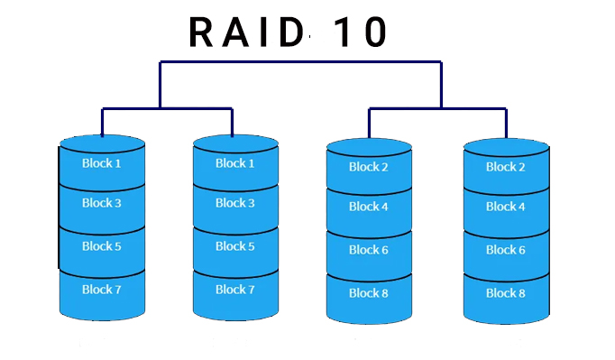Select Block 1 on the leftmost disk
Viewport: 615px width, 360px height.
click(x=102, y=163)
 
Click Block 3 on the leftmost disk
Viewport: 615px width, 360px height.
click(x=102, y=203)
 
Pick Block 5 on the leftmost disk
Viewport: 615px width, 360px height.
click(x=102, y=246)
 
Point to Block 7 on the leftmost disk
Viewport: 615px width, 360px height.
click(x=102, y=290)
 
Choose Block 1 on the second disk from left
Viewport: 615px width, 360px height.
click(x=235, y=163)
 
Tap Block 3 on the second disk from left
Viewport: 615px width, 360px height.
click(x=235, y=203)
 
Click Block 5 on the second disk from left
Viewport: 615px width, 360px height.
click(x=235, y=246)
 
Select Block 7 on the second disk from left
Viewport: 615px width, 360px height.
click(x=235, y=290)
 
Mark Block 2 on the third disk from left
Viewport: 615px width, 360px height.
click(x=369, y=167)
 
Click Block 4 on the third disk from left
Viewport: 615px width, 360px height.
click(x=369, y=207)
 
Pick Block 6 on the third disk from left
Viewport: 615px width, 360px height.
click(x=369, y=250)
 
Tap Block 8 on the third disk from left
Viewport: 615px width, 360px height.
click(x=369, y=293)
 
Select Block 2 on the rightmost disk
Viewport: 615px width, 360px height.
click(x=506, y=167)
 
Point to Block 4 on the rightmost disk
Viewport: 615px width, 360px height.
click(x=506, y=207)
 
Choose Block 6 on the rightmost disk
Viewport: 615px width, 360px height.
click(x=506, y=250)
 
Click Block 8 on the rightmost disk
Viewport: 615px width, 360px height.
click(x=506, y=293)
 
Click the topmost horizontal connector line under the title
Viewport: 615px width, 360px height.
click(x=300, y=62)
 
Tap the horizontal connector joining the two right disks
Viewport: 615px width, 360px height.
click(x=437, y=109)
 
